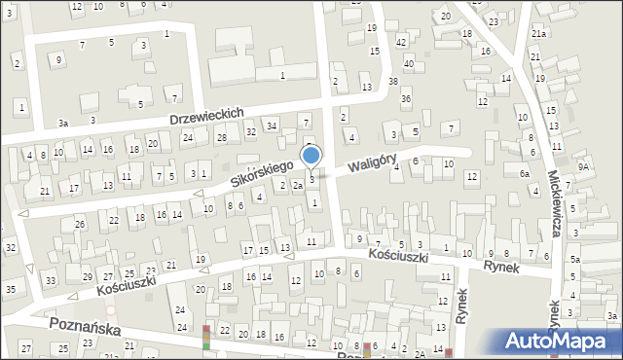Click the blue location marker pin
point(311,156)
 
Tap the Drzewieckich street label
point(205,115)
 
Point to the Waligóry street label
point(372,156)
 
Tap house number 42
point(401,42)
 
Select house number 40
point(409,63)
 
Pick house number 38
point(393,82)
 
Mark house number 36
point(406,99)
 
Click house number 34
point(272,126)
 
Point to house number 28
point(222,138)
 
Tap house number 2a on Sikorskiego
point(298,185)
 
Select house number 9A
point(583,166)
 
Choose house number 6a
point(524,173)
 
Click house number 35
point(10,289)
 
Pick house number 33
point(50,281)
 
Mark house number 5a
point(575,260)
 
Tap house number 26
point(80,225)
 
